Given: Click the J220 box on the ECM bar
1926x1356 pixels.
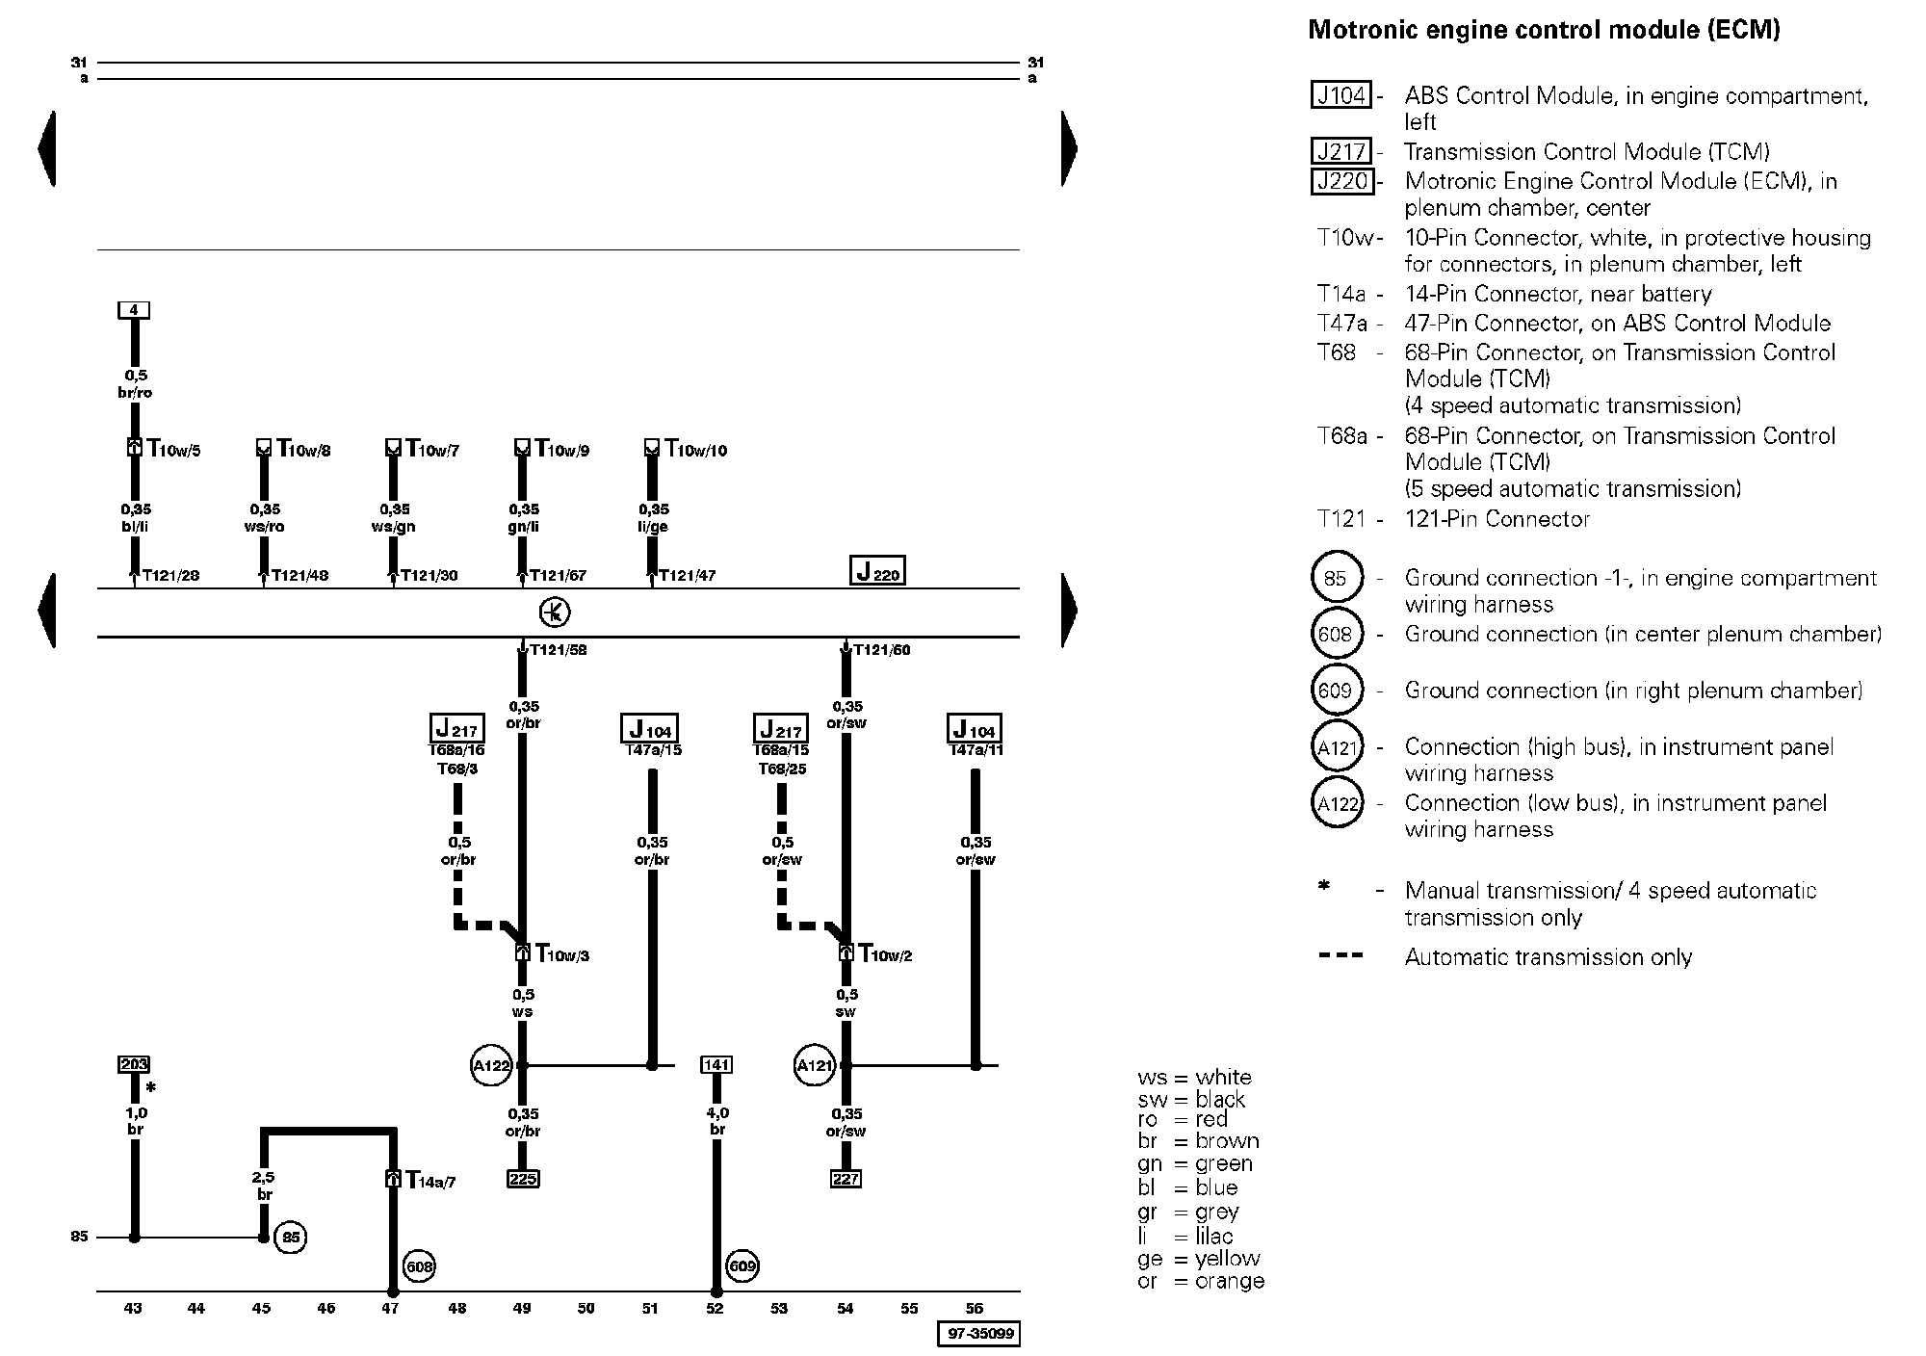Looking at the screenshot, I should pyautogui.click(x=877, y=571).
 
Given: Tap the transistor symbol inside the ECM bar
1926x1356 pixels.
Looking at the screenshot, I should pyautogui.click(x=555, y=613).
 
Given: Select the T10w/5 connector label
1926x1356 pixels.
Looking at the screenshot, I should pyautogui.click(x=173, y=449).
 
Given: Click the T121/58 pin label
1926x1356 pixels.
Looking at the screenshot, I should pyautogui.click(x=558, y=650).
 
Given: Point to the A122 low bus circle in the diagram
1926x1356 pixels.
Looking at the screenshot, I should pyautogui.click(x=491, y=1065).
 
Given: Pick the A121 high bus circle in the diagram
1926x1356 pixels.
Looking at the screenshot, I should pyautogui.click(x=815, y=1065).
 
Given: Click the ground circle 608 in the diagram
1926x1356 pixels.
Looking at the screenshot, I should pyautogui.click(x=419, y=1266).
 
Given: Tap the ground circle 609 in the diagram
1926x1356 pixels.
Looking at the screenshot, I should pyautogui.click(x=742, y=1266).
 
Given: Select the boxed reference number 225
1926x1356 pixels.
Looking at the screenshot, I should pyautogui.click(x=523, y=1179).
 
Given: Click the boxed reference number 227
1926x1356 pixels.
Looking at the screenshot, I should pyautogui.click(x=846, y=1179).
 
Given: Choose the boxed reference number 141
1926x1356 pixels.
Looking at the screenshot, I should pyautogui.click(x=716, y=1064).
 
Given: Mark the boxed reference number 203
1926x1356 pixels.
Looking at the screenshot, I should pyautogui.click(x=134, y=1064).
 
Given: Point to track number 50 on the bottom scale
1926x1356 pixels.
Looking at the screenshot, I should pyautogui.click(x=586, y=1308).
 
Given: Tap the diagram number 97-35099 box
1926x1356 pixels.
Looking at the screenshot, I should pyautogui.click(x=978, y=1334).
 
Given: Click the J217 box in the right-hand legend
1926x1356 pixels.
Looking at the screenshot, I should pyautogui.click(x=1340, y=151).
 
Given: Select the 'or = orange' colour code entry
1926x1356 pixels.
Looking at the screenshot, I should pyautogui.click(x=1201, y=1282).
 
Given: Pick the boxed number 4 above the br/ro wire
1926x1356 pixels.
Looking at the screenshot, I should pyautogui.click(x=134, y=310).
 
